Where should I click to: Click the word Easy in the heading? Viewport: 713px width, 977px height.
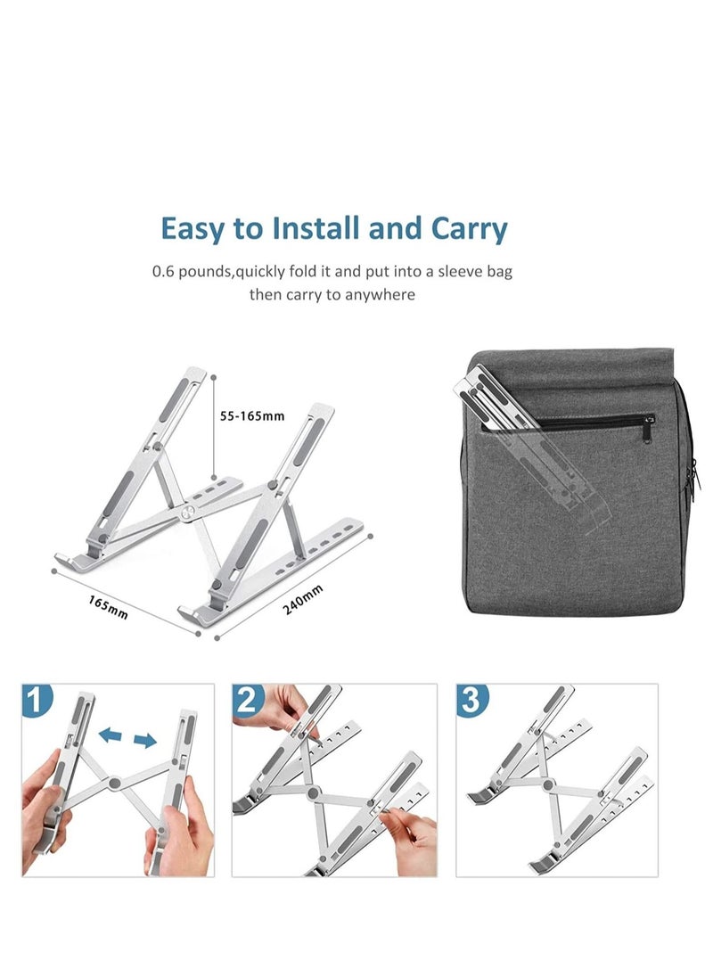[x=192, y=229]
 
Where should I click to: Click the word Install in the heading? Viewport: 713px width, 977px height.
[x=308, y=228]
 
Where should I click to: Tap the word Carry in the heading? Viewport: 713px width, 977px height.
[x=469, y=229]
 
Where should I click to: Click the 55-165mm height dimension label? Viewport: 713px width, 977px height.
[x=252, y=415]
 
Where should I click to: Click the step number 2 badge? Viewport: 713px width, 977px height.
[x=250, y=702]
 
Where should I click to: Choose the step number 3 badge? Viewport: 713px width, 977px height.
[x=473, y=702]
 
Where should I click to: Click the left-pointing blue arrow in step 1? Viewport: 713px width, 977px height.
[x=111, y=735]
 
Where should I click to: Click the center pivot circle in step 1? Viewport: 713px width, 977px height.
[x=116, y=785]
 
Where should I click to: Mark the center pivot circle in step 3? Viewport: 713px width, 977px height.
[x=547, y=785]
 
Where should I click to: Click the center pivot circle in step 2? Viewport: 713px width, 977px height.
[x=313, y=792]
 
